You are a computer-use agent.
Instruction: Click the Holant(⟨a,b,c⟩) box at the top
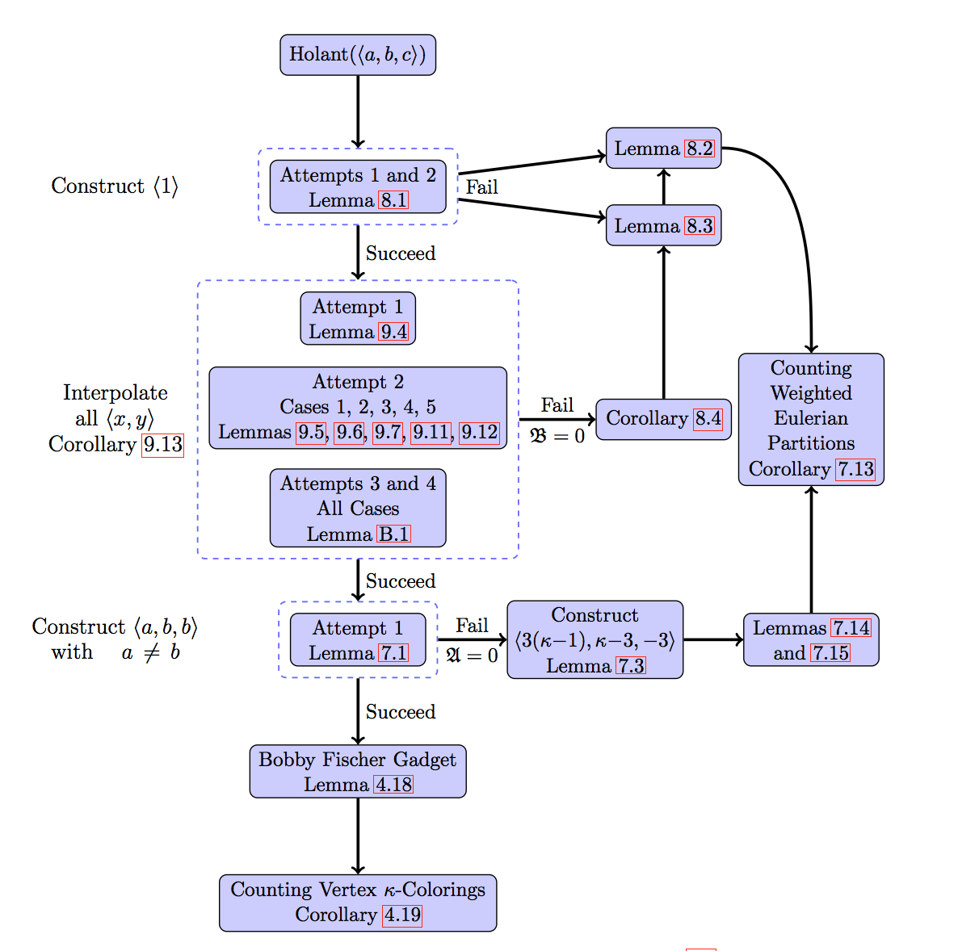(358, 55)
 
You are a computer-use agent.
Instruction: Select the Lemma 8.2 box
(663, 149)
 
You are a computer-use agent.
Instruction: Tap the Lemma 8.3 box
(663, 226)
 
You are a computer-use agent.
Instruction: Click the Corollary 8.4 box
(663, 419)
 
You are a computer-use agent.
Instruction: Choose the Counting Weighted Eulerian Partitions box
(811, 419)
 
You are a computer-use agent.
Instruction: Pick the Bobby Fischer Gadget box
(358, 772)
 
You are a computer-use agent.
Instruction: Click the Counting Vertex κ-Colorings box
(358, 903)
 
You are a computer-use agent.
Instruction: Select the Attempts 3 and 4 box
(358, 509)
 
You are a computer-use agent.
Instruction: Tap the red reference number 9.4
(394, 332)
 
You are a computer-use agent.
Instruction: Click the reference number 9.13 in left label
(162, 445)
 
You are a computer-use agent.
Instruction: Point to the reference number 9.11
(431, 433)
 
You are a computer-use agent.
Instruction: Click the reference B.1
(394, 534)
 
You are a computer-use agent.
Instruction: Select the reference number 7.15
(831, 653)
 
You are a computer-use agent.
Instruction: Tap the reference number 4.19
(402, 915)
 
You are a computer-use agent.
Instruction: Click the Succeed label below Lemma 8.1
(401, 253)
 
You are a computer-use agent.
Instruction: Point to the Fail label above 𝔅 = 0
(557, 405)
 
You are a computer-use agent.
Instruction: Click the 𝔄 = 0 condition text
(472, 656)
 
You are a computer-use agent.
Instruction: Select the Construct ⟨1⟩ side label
(115, 186)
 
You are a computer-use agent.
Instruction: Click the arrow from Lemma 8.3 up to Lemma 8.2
(664, 186)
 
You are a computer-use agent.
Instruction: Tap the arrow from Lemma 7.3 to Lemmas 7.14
(712, 640)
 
